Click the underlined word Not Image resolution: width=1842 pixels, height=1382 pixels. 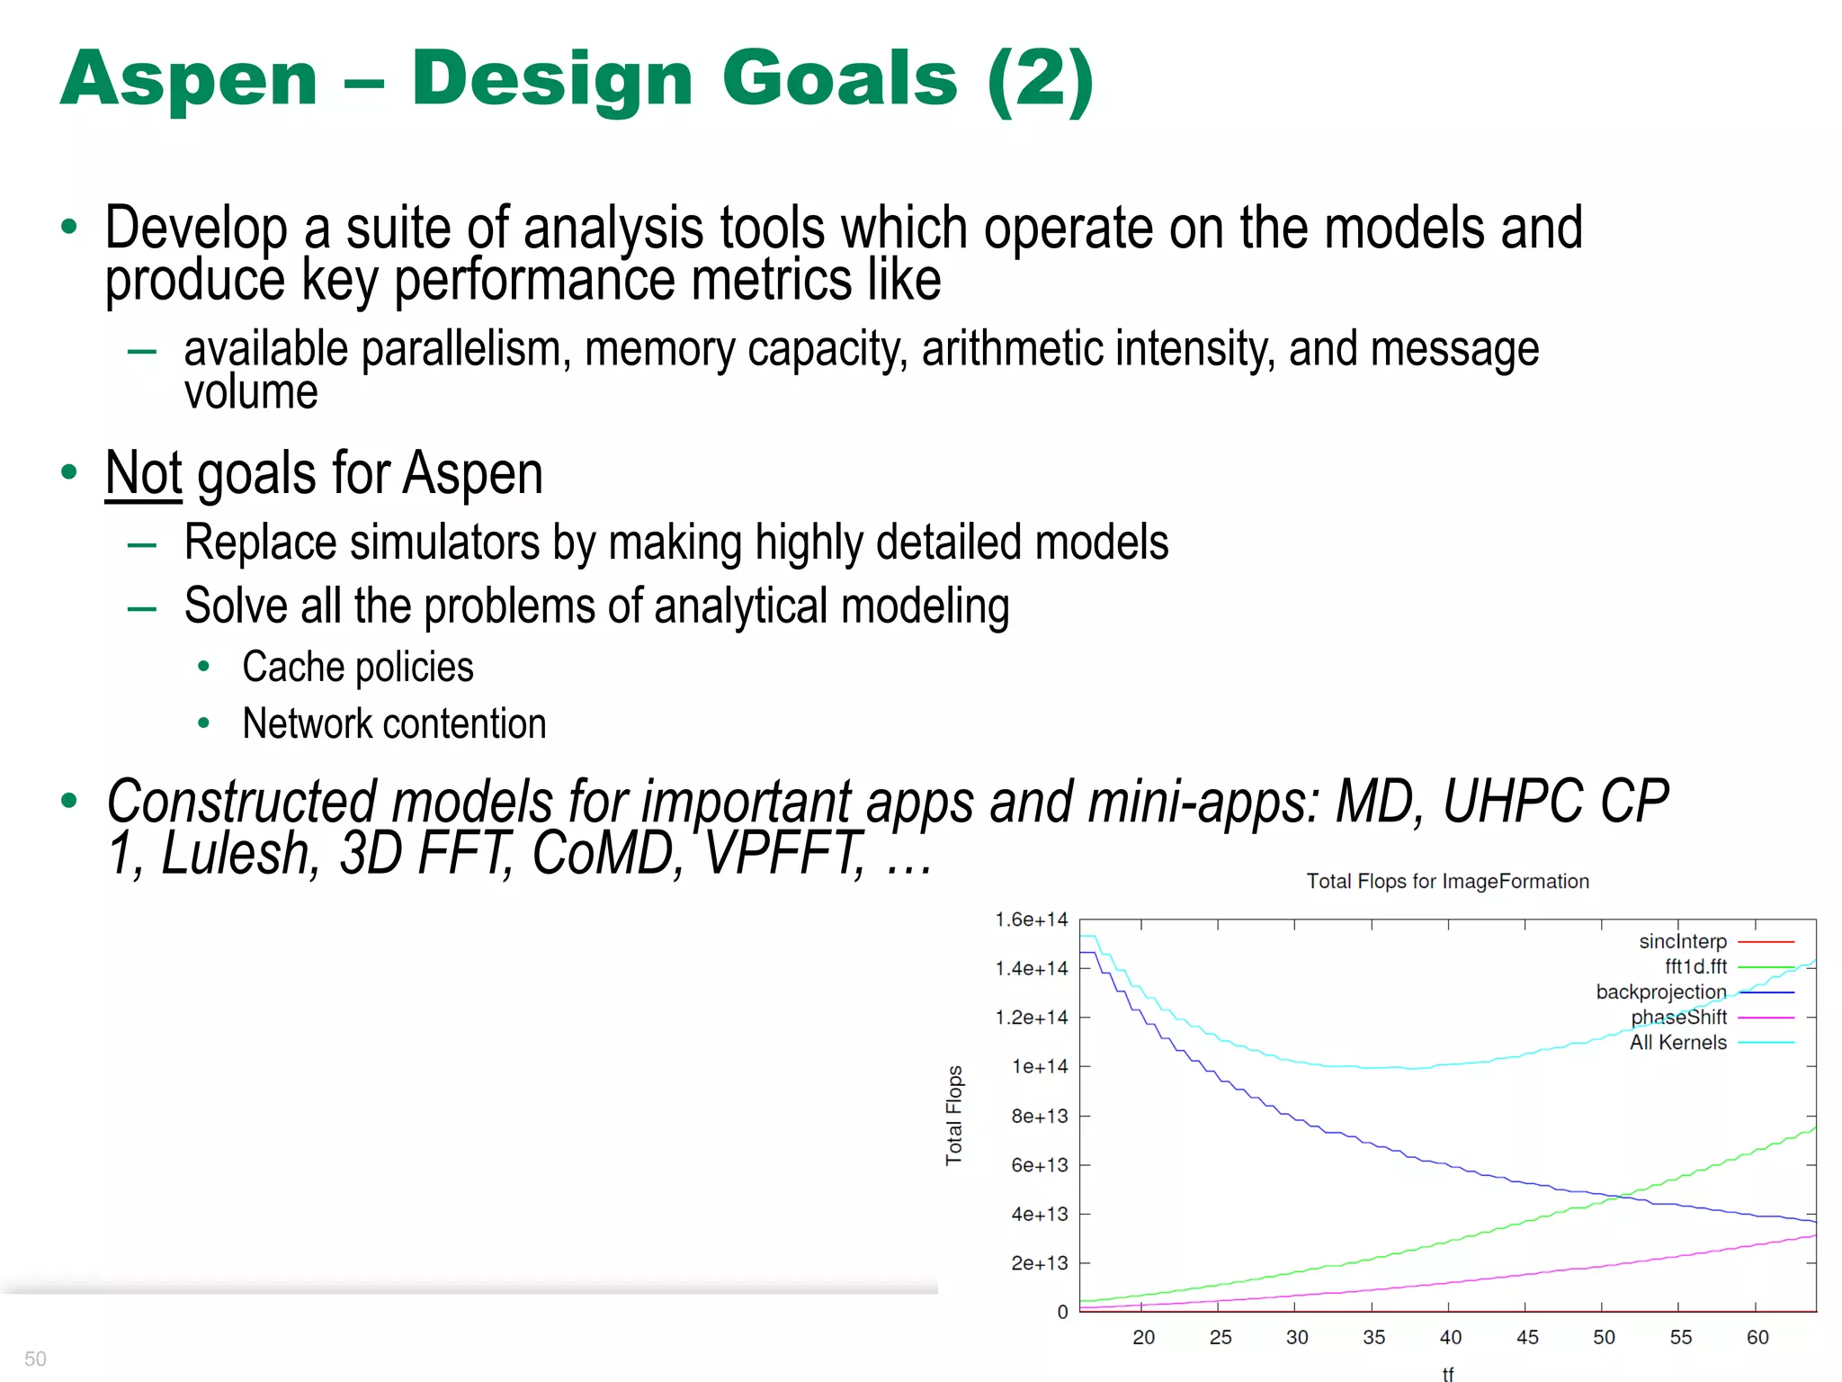[143, 474]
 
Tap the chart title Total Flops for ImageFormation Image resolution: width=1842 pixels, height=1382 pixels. [1447, 882]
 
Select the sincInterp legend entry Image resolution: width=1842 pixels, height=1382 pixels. [1683, 942]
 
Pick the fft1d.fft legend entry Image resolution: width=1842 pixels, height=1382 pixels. [1695, 967]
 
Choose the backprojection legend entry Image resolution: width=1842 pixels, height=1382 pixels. [1660, 992]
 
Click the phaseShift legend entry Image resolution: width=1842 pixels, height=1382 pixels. [1678, 1018]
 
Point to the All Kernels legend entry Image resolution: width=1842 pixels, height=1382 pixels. [1678, 1043]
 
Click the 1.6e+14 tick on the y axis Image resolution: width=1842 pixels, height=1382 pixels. [1031, 920]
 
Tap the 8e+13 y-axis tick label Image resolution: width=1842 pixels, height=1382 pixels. [1039, 1117]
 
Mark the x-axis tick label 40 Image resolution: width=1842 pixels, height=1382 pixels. [1450, 1338]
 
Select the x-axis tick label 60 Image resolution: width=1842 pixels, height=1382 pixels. [1757, 1338]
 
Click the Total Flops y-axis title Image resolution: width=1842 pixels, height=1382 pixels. [954, 1116]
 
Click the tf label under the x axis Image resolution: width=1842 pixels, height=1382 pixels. [1447, 1373]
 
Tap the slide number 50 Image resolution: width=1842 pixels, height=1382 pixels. [35, 1359]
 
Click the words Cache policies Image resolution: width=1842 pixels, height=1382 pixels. [357, 668]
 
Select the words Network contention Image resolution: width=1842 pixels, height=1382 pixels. [394, 724]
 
